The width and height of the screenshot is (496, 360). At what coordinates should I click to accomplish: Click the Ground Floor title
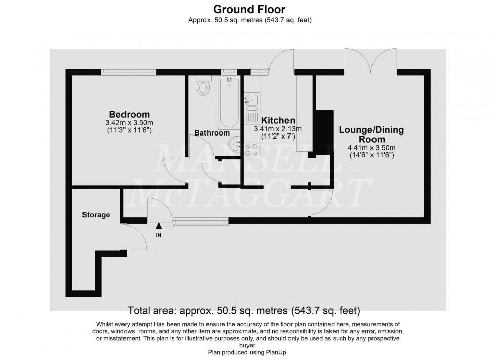pos(249,9)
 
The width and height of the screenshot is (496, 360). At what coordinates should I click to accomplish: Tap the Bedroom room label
pos(130,114)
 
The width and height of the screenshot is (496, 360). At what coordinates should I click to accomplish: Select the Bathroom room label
pos(213,133)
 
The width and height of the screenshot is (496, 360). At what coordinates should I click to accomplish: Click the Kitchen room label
pos(278,120)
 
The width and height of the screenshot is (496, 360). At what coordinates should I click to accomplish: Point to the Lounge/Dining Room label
pos(371,134)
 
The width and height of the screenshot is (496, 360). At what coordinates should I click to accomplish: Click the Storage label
pos(96,215)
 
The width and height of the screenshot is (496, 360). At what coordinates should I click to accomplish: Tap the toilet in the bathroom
pos(203,87)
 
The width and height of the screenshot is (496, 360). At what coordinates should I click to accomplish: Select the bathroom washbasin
pos(235,144)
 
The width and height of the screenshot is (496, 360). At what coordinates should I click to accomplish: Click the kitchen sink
pos(251,101)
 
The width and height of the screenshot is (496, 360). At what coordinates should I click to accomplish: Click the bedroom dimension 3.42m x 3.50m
pos(129,123)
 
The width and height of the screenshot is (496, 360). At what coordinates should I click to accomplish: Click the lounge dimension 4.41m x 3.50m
pos(371,148)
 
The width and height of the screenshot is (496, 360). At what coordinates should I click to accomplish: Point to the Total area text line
pos(244,310)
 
